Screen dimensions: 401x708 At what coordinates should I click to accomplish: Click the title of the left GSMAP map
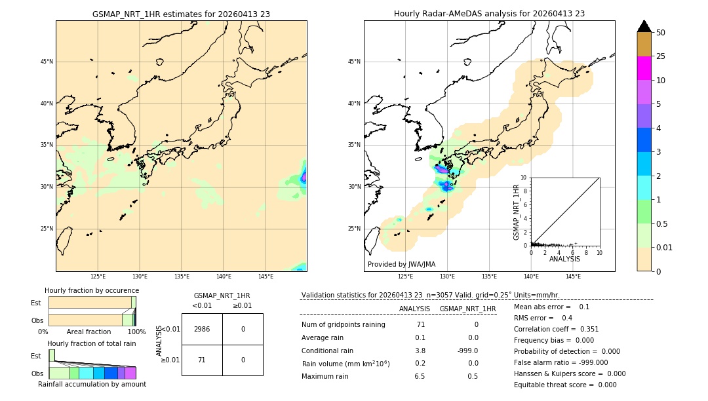tap(181, 14)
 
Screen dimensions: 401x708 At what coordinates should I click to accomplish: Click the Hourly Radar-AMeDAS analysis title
tap(489, 14)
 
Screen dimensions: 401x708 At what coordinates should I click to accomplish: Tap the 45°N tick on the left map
tap(47, 62)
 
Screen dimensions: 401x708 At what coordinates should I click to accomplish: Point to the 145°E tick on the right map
tap(573, 277)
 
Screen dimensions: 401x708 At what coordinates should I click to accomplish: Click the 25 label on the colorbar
tap(661, 56)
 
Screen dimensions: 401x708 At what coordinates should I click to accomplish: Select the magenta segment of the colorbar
tap(644, 68)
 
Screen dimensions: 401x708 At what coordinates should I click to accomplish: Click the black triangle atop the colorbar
tap(644, 26)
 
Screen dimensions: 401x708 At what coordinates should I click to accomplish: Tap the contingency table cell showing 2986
tap(202, 329)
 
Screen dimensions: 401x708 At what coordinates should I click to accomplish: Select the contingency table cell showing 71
tap(202, 360)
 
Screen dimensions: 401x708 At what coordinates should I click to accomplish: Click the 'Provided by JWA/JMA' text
tap(401, 264)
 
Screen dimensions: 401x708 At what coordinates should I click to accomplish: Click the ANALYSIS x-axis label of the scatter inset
tap(564, 259)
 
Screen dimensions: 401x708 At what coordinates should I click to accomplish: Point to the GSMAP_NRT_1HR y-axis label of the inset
tap(517, 212)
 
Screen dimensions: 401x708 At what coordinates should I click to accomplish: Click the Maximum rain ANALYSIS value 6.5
tap(420, 376)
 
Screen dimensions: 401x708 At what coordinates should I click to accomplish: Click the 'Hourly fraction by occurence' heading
tap(92, 290)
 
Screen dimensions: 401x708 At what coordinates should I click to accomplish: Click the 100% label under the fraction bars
tap(136, 332)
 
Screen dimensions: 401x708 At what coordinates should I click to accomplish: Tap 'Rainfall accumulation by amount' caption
tap(92, 384)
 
